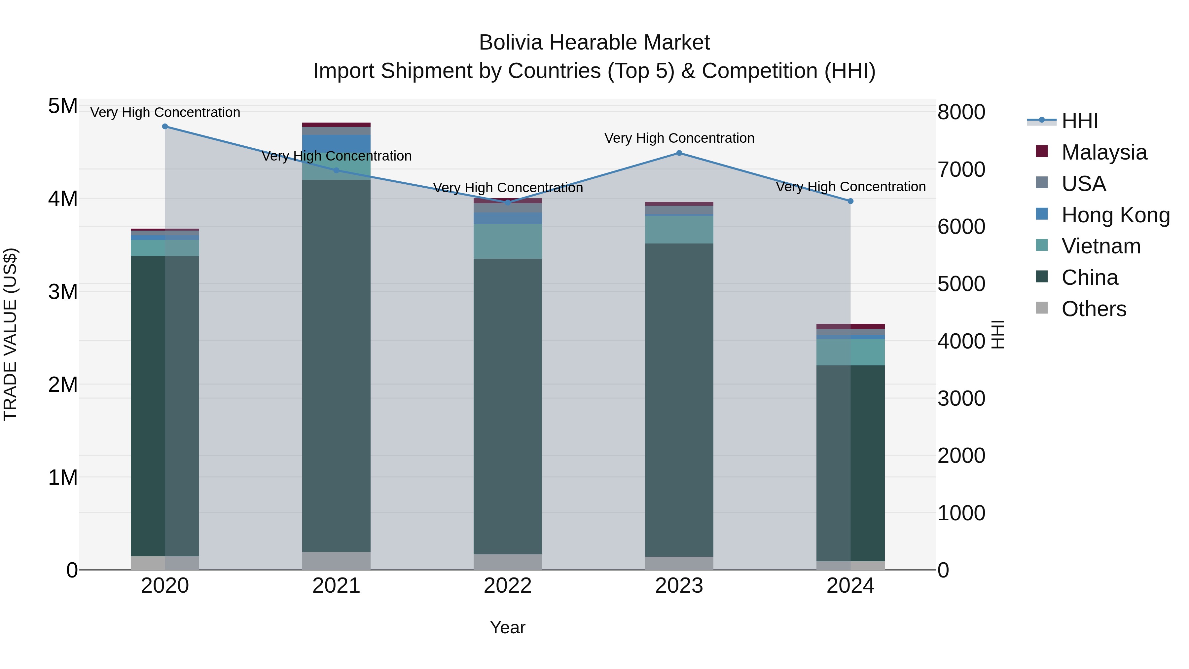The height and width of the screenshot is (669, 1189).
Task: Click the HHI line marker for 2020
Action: click(165, 127)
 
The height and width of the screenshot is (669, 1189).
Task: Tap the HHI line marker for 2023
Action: click(679, 153)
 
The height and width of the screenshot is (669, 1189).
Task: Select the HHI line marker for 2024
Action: click(851, 201)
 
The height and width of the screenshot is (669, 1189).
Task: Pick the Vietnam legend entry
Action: click(1100, 246)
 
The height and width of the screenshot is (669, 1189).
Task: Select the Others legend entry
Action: click(1094, 309)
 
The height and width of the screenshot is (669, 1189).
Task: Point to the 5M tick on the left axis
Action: click(63, 106)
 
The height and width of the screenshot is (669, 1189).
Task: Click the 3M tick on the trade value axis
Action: click(63, 292)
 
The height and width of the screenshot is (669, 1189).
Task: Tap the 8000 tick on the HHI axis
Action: click(961, 112)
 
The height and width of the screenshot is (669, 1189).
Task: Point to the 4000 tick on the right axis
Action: click(961, 341)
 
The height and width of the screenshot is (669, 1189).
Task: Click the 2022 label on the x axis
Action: click(508, 586)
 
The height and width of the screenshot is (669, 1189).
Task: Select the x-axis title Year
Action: click(508, 627)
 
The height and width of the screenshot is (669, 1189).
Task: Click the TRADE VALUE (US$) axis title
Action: click(11, 334)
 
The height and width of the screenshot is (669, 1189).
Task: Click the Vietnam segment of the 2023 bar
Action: click(679, 230)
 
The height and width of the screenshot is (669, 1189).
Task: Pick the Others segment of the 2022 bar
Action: click(508, 562)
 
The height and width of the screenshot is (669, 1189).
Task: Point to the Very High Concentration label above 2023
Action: click(679, 138)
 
